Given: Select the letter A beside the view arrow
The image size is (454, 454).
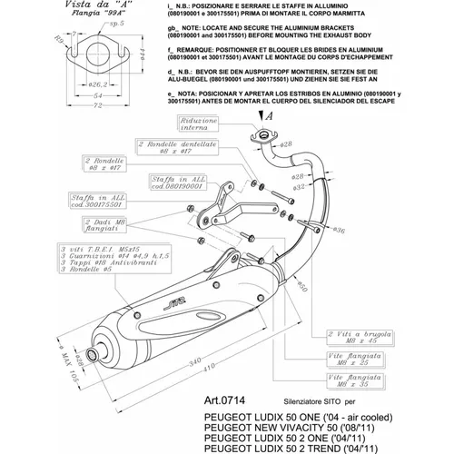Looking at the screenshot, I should [268, 116].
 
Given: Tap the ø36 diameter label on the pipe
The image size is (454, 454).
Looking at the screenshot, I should [339, 232].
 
